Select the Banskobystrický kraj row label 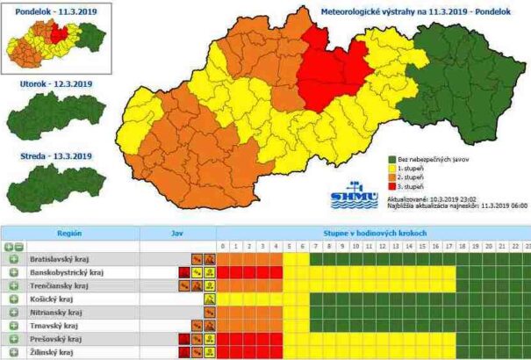(67, 273)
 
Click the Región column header (69, 234)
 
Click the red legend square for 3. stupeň (392, 187)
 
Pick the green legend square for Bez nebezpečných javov (392, 158)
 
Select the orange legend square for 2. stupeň (392, 177)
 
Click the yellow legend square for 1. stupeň (392, 168)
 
